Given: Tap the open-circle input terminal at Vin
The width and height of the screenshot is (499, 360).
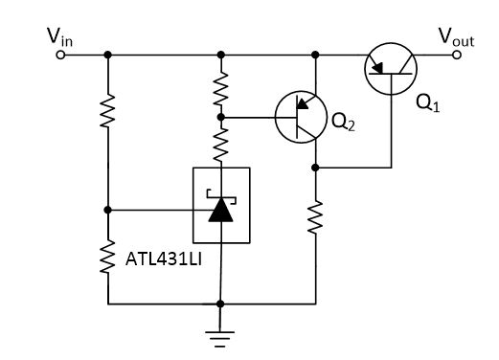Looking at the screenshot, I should (59, 55).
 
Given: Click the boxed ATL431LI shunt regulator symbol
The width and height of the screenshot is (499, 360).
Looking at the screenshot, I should (221, 205).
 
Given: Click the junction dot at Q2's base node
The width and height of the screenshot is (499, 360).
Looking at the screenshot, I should (221, 117).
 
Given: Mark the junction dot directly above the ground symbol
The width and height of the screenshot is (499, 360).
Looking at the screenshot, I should (221, 304).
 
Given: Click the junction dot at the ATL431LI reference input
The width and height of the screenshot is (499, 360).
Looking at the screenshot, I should (108, 209).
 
